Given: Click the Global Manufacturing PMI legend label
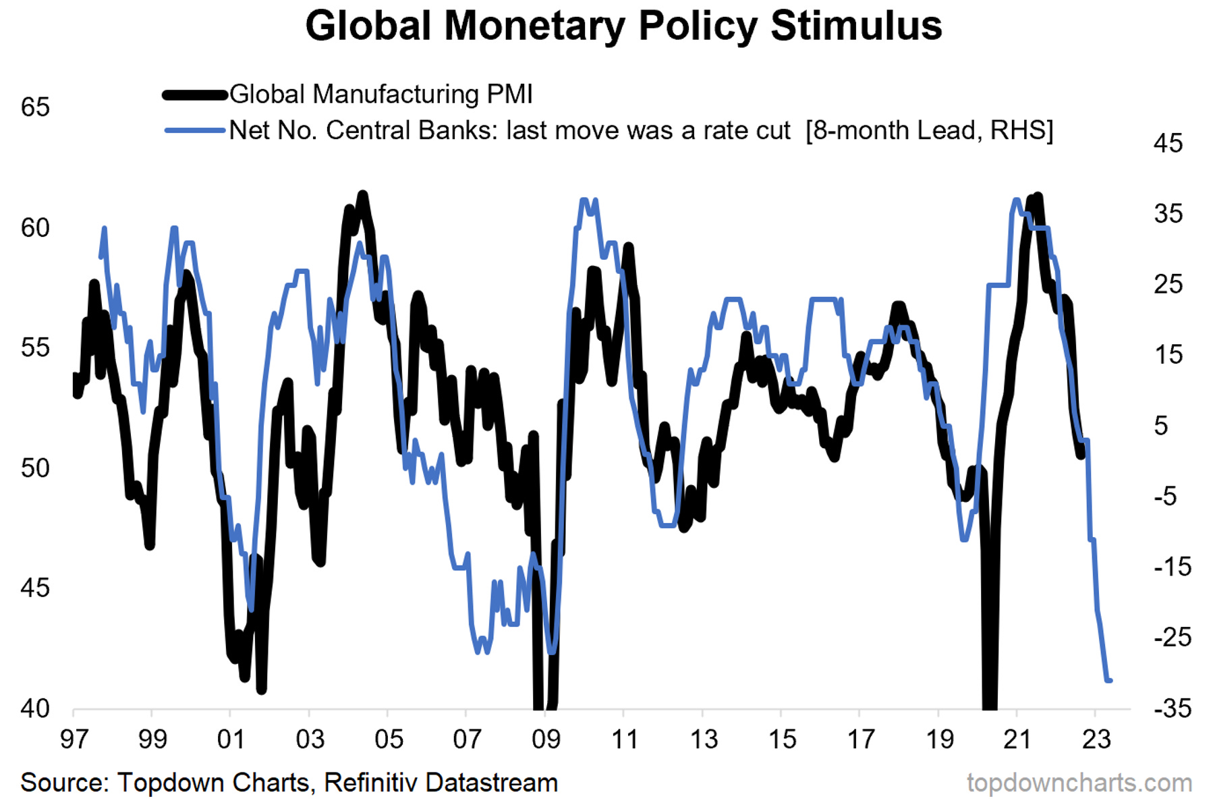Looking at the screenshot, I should pos(380,94).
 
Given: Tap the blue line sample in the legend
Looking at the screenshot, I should pos(195,130).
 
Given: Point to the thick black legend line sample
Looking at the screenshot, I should pos(195,95).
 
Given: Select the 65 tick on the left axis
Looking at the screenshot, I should pos(35,108).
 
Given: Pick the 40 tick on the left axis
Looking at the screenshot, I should pos(35,708).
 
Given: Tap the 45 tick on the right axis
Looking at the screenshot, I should pos(1168,144).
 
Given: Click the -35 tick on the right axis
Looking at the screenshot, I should pos(1172,708).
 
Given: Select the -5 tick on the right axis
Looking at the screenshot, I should pos(1165,497).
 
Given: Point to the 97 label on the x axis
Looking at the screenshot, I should pos(74,740).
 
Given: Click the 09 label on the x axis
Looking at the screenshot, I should pos(546,740).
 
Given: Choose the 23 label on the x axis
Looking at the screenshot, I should pos(1096,740).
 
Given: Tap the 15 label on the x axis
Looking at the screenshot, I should pos(781,740).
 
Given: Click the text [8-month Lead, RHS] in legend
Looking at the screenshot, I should pos(929,130).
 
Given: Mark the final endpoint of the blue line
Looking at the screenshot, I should pos(1110,680).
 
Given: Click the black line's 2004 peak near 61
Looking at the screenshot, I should pos(363,196).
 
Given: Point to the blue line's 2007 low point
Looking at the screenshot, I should pos(479,651).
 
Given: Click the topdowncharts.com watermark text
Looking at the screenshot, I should pos(1079,783).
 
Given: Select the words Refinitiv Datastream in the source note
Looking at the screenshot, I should pos(441,783).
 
